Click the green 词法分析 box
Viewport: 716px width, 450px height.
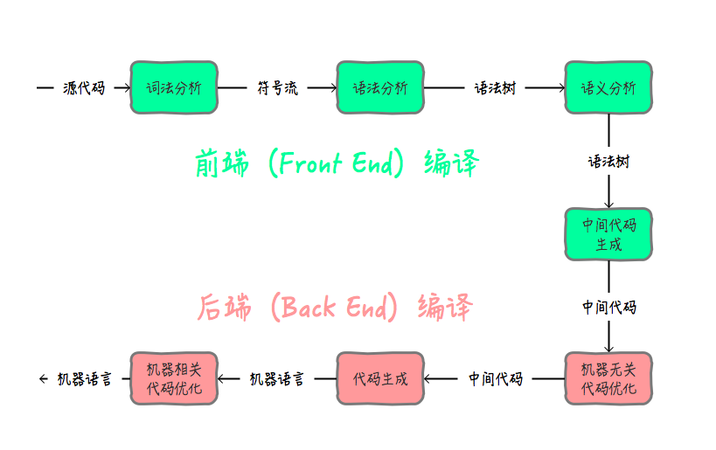[x=173, y=87]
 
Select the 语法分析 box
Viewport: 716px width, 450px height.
[x=379, y=87]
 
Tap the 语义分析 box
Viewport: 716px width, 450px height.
[x=608, y=87]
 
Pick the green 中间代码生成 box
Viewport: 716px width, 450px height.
[x=608, y=234]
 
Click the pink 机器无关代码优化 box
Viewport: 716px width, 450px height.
[x=608, y=378]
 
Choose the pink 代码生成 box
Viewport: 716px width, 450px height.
[x=379, y=378]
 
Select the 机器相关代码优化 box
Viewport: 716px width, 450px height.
[x=173, y=378]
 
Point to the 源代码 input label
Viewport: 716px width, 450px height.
[x=84, y=87]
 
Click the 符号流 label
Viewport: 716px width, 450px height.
[x=277, y=87]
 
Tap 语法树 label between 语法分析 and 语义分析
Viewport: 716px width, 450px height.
[x=495, y=87]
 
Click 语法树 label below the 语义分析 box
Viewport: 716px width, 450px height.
[x=608, y=162]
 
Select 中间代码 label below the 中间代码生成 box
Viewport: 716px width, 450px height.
[x=608, y=308]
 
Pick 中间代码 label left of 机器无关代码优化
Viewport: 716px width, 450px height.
[x=495, y=378]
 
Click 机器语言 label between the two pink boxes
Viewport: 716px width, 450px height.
[x=277, y=378]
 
